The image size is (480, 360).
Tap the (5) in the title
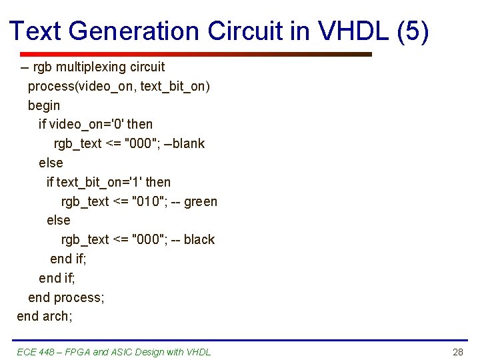tap(413, 31)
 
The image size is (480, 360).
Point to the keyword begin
tap(44, 105)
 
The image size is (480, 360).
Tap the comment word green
tap(201, 201)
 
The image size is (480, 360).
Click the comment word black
tap(199, 239)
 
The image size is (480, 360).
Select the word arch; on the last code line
tap(57, 316)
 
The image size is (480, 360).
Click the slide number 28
tap(457, 352)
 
